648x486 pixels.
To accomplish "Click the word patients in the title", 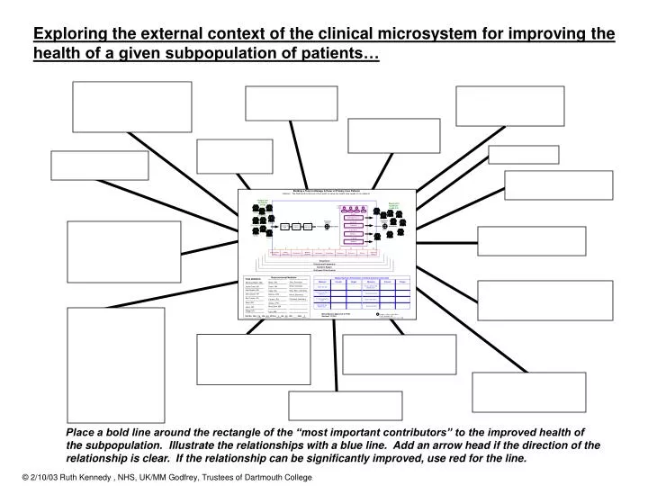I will (346, 55).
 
